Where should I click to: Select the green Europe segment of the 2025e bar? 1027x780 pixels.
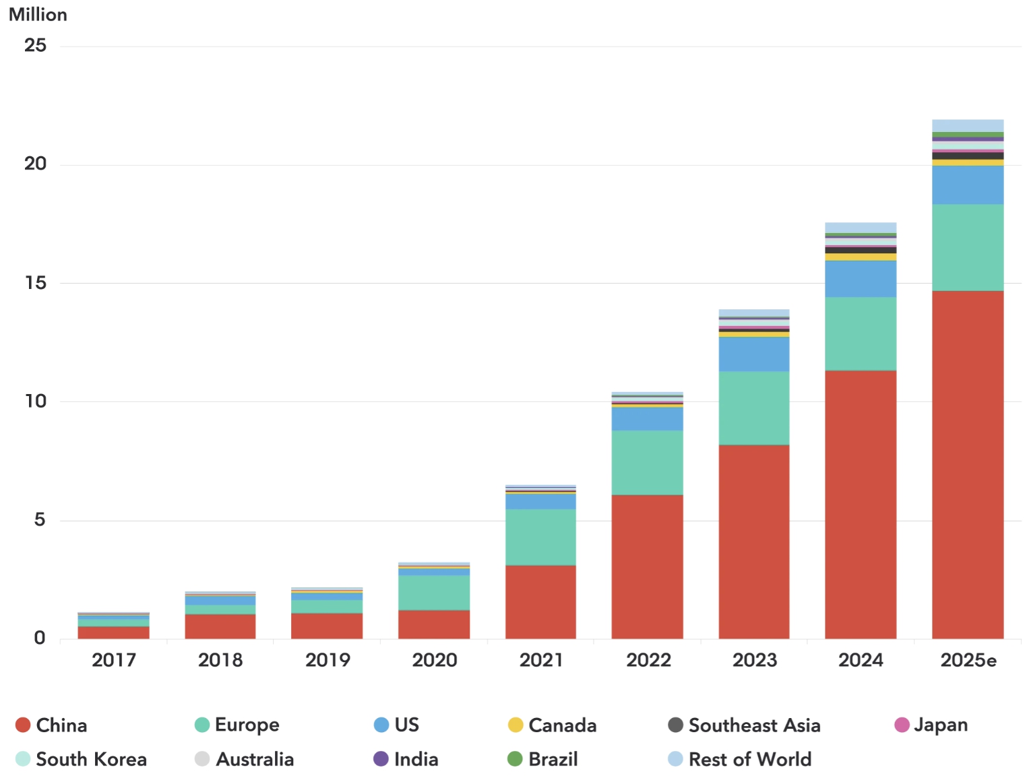pyautogui.click(x=968, y=247)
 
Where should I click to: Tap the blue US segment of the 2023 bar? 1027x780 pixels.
pyautogui.click(x=754, y=354)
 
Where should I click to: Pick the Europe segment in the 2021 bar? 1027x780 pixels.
pyautogui.click(x=540, y=537)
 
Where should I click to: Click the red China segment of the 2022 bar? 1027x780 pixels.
pyautogui.click(x=647, y=566)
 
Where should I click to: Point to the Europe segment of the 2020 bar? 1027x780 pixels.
pyautogui.click(x=434, y=592)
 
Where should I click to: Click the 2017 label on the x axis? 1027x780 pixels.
pyautogui.click(x=114, y=660)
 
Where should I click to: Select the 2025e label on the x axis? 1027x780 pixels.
pyautogui.click(x=968, y=660)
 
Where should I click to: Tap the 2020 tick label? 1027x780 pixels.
pyautogui.click(x=435, y=660)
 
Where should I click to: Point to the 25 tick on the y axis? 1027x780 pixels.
pyautogui.click(x=36, y=46)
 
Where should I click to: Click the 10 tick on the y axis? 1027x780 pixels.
pyautogui.click(x=36, y=401)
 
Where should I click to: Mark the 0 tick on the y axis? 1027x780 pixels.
pyautogui.click(x=40, y=638)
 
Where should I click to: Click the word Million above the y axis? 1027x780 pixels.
pyautogui.click(x=38, y=15)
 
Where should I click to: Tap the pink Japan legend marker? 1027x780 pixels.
pyautogui.click(x=902, y=725)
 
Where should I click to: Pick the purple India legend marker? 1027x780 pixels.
pyautogui.click(x=381, y=759)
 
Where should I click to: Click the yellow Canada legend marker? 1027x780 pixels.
pyautogui.click(x=516, y=725)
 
